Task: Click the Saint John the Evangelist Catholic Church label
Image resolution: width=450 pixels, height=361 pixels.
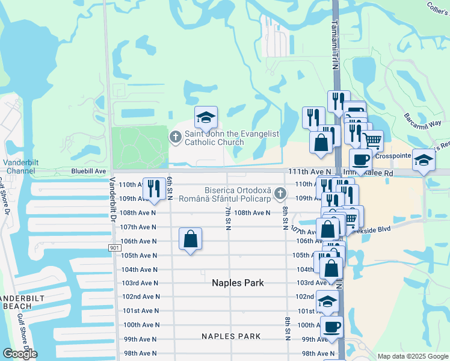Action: click(214, 138)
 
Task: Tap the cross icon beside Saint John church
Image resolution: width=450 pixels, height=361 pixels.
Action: click(176, 138)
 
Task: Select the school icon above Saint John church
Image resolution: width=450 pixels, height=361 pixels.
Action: click(206, 117)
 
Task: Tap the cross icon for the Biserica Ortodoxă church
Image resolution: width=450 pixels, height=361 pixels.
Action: click(279, 194)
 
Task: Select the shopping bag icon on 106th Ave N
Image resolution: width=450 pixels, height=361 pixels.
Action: click(190, 239)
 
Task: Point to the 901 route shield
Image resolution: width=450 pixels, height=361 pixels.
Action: click(115, 248)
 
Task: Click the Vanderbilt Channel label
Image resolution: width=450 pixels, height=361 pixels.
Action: click(20, 167)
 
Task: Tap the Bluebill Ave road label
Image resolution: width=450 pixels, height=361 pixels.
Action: click(88, 171)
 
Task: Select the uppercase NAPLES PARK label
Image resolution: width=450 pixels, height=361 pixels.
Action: click(231, 336)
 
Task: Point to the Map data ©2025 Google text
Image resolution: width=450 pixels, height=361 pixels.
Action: click(412, 356)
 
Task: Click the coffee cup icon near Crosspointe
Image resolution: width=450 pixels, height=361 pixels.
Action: click(360, 159)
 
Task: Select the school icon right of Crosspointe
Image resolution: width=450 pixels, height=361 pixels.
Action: click(424, 159)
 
